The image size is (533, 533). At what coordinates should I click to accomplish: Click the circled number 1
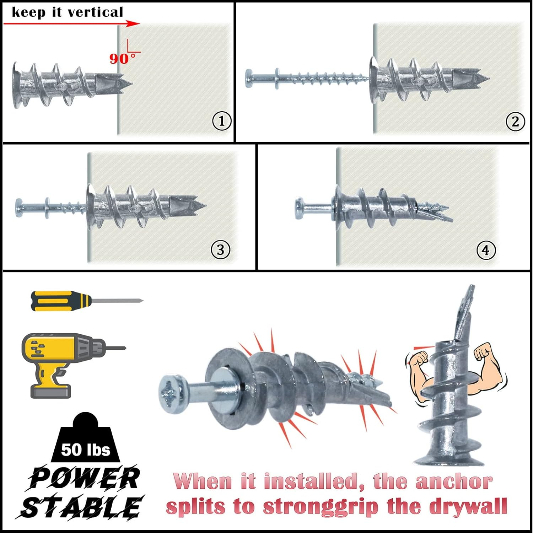click(222, 121)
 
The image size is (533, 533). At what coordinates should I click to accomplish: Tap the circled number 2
click(515, 122)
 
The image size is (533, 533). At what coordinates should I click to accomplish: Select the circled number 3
click(220, 250)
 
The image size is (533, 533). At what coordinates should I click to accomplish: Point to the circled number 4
click(485, 250)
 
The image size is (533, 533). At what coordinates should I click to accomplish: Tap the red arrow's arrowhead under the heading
click(133, 24)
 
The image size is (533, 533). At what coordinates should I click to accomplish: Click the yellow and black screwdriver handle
click(60, 301)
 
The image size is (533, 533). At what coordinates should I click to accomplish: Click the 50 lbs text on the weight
click(86, 449)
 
